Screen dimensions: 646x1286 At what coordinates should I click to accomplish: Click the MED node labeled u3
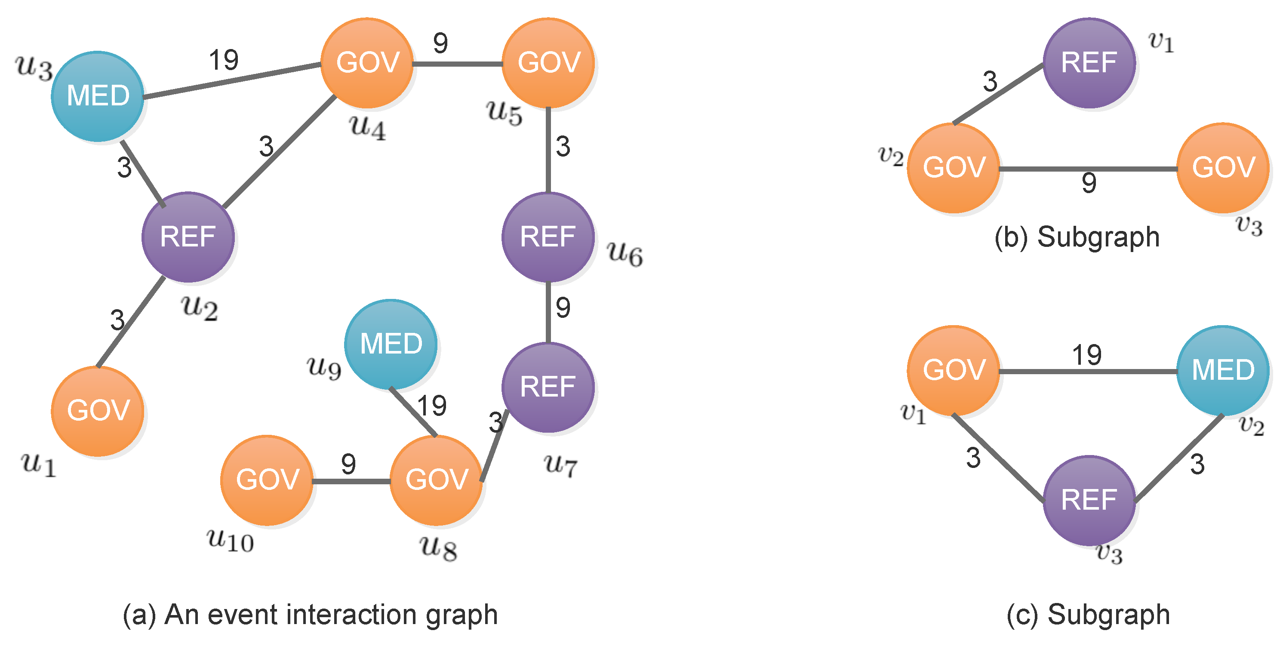pos(98,96)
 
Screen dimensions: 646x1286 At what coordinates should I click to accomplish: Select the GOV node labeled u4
pos(367,63)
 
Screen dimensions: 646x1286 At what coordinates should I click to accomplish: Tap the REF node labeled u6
pos(548,237)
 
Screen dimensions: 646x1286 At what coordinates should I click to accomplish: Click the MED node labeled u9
pos(391,344)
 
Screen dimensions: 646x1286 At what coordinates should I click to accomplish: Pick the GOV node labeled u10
pos(267,480)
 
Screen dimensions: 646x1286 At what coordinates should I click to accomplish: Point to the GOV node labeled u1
pos(98,411)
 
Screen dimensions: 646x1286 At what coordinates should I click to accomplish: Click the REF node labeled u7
pos(548,387)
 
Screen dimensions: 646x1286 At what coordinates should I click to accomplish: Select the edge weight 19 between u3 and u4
pos(224,60)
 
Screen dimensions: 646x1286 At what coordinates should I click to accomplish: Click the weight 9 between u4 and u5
pos(440,43)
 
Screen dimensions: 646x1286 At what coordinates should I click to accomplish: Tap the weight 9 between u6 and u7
pos(563,308)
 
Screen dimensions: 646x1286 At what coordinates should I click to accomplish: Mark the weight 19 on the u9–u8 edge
pos(432,406)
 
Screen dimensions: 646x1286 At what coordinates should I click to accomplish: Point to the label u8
pos(438,548)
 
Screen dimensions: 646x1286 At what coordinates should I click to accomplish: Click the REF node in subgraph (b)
pos(1089,63)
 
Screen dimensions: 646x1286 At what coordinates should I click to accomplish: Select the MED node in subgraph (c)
pos(1223,370)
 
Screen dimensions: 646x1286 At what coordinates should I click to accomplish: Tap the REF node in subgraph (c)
pos(1089,500)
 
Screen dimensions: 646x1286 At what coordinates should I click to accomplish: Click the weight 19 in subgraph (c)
pos(1087,355)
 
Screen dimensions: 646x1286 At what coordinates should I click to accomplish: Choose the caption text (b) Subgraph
pos(1077,237)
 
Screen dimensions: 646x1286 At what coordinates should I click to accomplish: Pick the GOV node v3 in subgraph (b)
pos(1223,168)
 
